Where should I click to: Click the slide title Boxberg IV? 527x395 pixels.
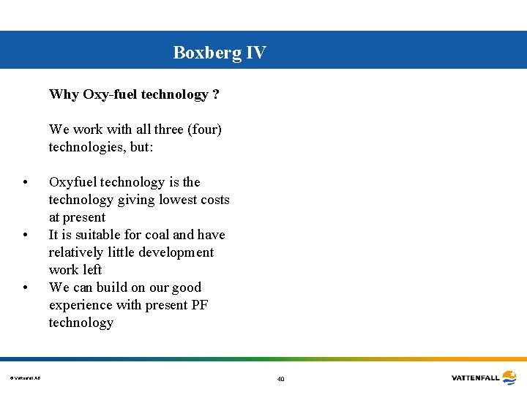tap(220, 53)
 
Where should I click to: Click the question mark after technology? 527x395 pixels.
tap(216, 94)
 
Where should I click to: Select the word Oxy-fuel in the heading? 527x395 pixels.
tap(110, 94)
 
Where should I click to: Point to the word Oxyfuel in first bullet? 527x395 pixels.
tap(72, 182)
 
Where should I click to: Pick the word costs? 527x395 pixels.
tap(214, 200)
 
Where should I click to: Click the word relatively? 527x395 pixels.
tap(77, 252)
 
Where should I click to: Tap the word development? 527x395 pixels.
tap(175, 252)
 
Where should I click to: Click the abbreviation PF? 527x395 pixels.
tap(199, 305)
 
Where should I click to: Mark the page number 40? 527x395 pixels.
tap(280, 379)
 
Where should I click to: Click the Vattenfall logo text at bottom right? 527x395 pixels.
tap(476, 378)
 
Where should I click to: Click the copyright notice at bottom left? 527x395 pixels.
tap(26, 378)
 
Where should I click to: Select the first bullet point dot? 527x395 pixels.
tap(26, 183)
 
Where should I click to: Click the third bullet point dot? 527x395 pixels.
tap(26, 287)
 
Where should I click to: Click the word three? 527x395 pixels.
tap(169, 129)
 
